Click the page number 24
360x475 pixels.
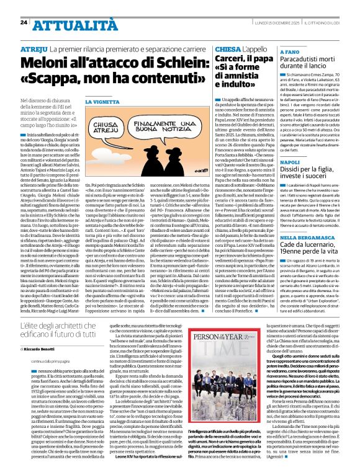pyautogui.click(x=24, y=22)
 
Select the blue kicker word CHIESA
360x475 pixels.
pyautogui.click(x=229, y=48)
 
